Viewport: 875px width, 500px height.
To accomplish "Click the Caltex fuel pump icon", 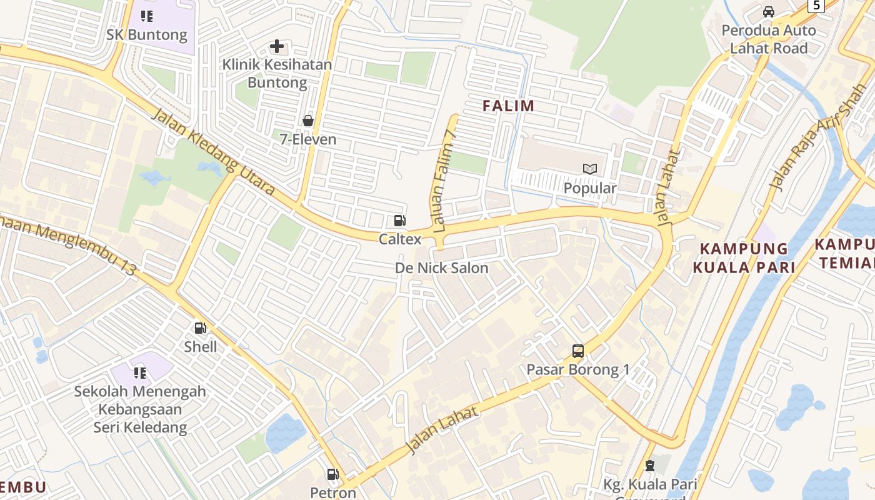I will [x=399, y=221].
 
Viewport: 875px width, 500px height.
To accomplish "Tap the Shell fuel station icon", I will [x=201, y=328].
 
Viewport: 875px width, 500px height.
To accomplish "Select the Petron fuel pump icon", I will [x=333, y=474].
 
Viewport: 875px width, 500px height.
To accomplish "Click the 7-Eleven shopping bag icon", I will [x=308, y=121].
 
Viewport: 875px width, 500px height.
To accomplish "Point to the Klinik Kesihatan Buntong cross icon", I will [x=276, y=46].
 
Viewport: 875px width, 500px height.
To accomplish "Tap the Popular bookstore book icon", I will [x=590, y=169].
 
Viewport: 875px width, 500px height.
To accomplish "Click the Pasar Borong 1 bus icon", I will [x=578, y=351].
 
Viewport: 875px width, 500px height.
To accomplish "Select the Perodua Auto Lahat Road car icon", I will [x=769, y=12].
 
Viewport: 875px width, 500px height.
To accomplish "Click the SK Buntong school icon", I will [x=147, y=16].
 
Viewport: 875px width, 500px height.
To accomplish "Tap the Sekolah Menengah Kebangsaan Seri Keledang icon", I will [x=140, y=373].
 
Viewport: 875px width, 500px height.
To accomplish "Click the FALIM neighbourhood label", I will [x=509, y=106].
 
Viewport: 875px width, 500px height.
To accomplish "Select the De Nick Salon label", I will [x=442, y=268].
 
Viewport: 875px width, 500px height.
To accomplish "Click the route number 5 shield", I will [x=816, y=5].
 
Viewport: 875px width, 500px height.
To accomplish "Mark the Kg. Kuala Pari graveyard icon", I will [x=650, y=466].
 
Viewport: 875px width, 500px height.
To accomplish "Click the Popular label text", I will [x=590, y=188].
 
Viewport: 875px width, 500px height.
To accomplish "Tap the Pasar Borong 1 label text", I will [x=578, y=369].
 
